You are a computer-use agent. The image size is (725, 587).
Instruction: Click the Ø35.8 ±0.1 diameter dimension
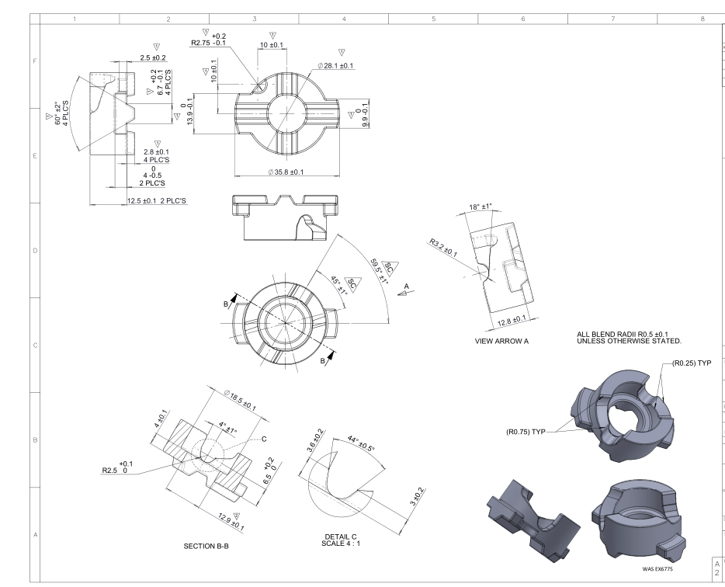[286, 172]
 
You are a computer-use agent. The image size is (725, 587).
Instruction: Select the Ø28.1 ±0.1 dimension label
[335, 66]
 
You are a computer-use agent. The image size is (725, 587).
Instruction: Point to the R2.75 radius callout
[209, 40]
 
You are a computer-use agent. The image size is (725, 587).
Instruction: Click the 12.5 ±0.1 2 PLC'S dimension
[157, 201]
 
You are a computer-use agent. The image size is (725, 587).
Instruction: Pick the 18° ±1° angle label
[480, 207]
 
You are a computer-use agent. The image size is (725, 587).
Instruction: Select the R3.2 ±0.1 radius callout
[443, 248]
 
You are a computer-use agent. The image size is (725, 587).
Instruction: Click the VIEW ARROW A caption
[501, 341]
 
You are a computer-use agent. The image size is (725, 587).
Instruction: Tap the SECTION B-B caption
[206, 547]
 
